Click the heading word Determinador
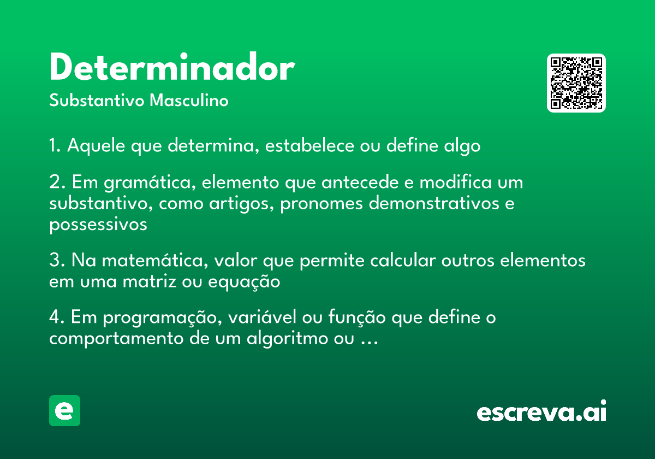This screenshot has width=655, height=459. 172,67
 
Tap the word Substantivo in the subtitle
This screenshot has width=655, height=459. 97,100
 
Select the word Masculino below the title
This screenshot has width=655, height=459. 189,100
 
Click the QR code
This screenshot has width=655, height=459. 576,83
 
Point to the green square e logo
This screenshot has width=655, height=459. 64,410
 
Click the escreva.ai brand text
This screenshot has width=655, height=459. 541,411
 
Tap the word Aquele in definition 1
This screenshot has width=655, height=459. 96,146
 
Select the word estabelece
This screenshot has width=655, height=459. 309,145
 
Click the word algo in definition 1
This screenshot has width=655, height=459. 462,146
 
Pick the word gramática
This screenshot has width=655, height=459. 150,183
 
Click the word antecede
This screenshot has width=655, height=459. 360,182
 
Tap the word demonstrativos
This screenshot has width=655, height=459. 434,203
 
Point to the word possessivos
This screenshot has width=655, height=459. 98,225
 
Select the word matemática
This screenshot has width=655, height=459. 155,260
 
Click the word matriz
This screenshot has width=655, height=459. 150,281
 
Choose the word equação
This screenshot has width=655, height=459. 244,282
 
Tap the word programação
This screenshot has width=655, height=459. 163,317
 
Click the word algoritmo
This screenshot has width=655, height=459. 287,338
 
